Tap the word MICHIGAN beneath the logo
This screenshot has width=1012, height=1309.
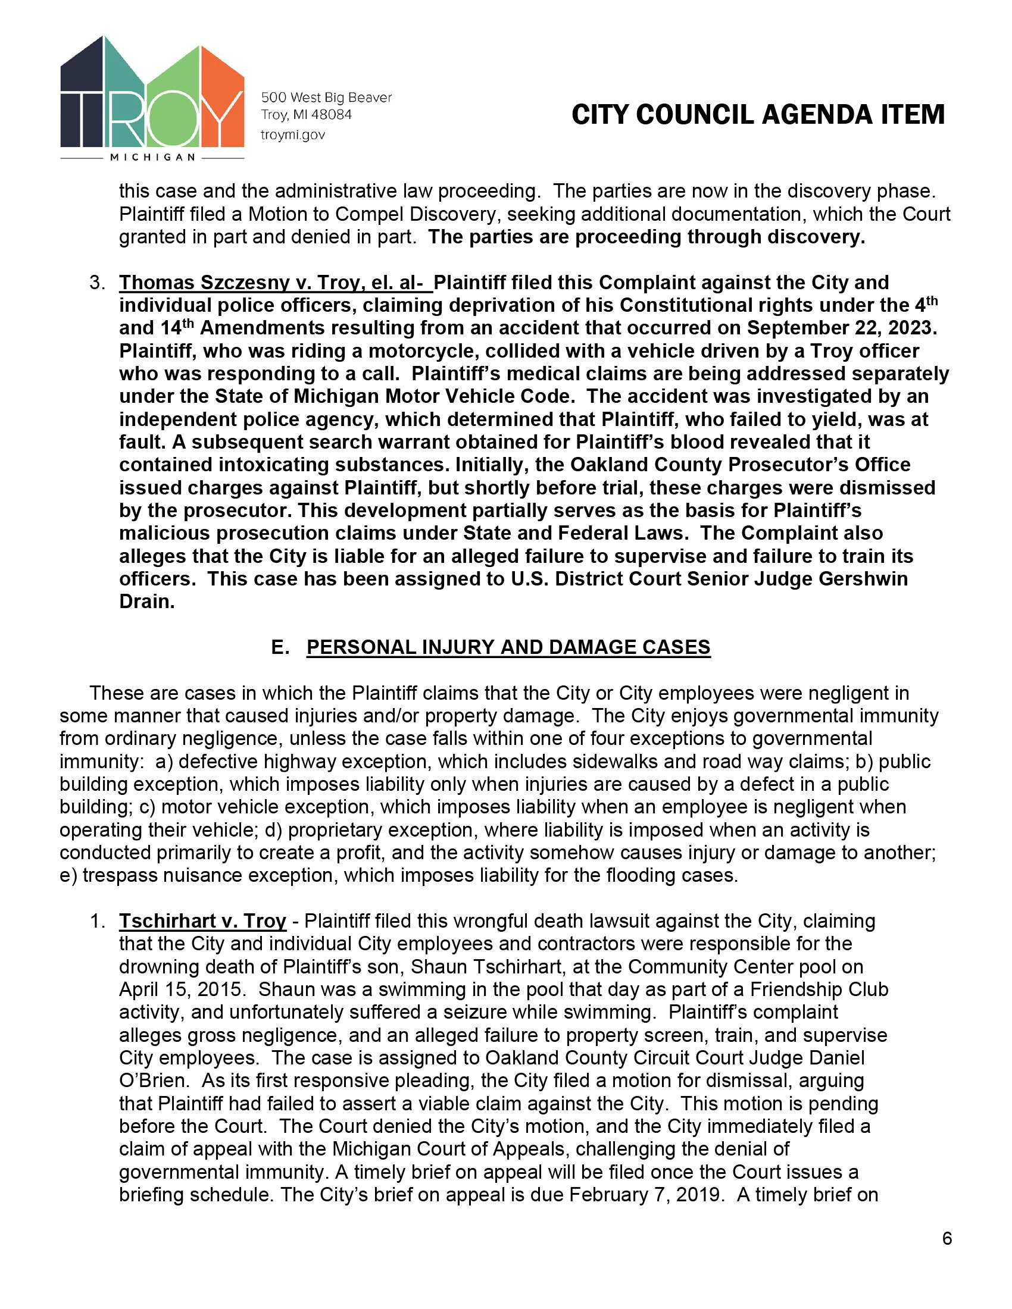pos(152,157)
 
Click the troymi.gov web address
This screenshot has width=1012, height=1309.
pos(292,135)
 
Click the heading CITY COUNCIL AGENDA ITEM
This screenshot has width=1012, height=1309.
pos(758,114)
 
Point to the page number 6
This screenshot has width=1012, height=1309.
pos(947,1238)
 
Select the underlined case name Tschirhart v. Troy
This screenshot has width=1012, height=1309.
pos(202,920)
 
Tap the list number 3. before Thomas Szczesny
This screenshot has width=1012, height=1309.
pos(97,282)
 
